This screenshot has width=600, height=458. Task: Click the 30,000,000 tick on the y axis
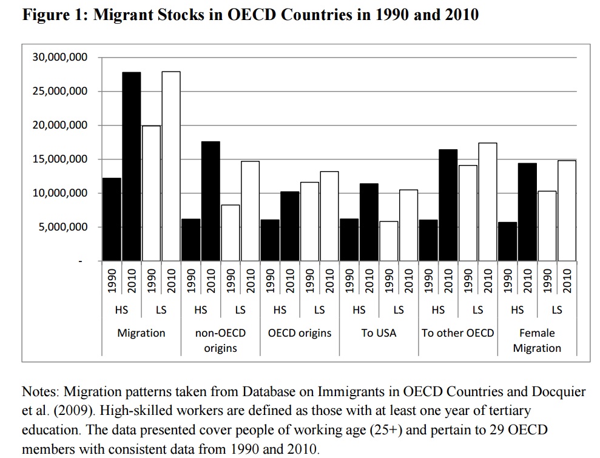click(x=59, y=58)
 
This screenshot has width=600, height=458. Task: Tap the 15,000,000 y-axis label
click(x=59, y=159)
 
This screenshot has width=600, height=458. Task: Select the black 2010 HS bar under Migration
click(x=131, y=166)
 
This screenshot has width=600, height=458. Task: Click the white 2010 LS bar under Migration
click(x=170, y=166)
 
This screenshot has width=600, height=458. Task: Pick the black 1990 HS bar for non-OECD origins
click(x=190, y=240)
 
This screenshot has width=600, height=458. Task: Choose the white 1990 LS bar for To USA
click(x=388, y=241)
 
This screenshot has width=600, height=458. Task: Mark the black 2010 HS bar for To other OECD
click(x=448, y=205)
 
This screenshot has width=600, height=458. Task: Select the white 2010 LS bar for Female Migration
click(x=567, y=210)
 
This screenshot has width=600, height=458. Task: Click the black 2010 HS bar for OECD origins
click(x=289, y=226)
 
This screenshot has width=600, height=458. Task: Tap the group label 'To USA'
click(x=379, y=333)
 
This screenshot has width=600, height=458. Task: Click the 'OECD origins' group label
click(x=300, y=333)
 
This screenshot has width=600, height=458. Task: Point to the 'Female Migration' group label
click(x=537, y=340)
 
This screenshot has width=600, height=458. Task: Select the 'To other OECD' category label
click(x=458, y=333)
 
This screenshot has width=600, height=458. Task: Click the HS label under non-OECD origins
click(x=200, y=310)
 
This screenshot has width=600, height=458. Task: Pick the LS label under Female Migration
click(x=557, y=310)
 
